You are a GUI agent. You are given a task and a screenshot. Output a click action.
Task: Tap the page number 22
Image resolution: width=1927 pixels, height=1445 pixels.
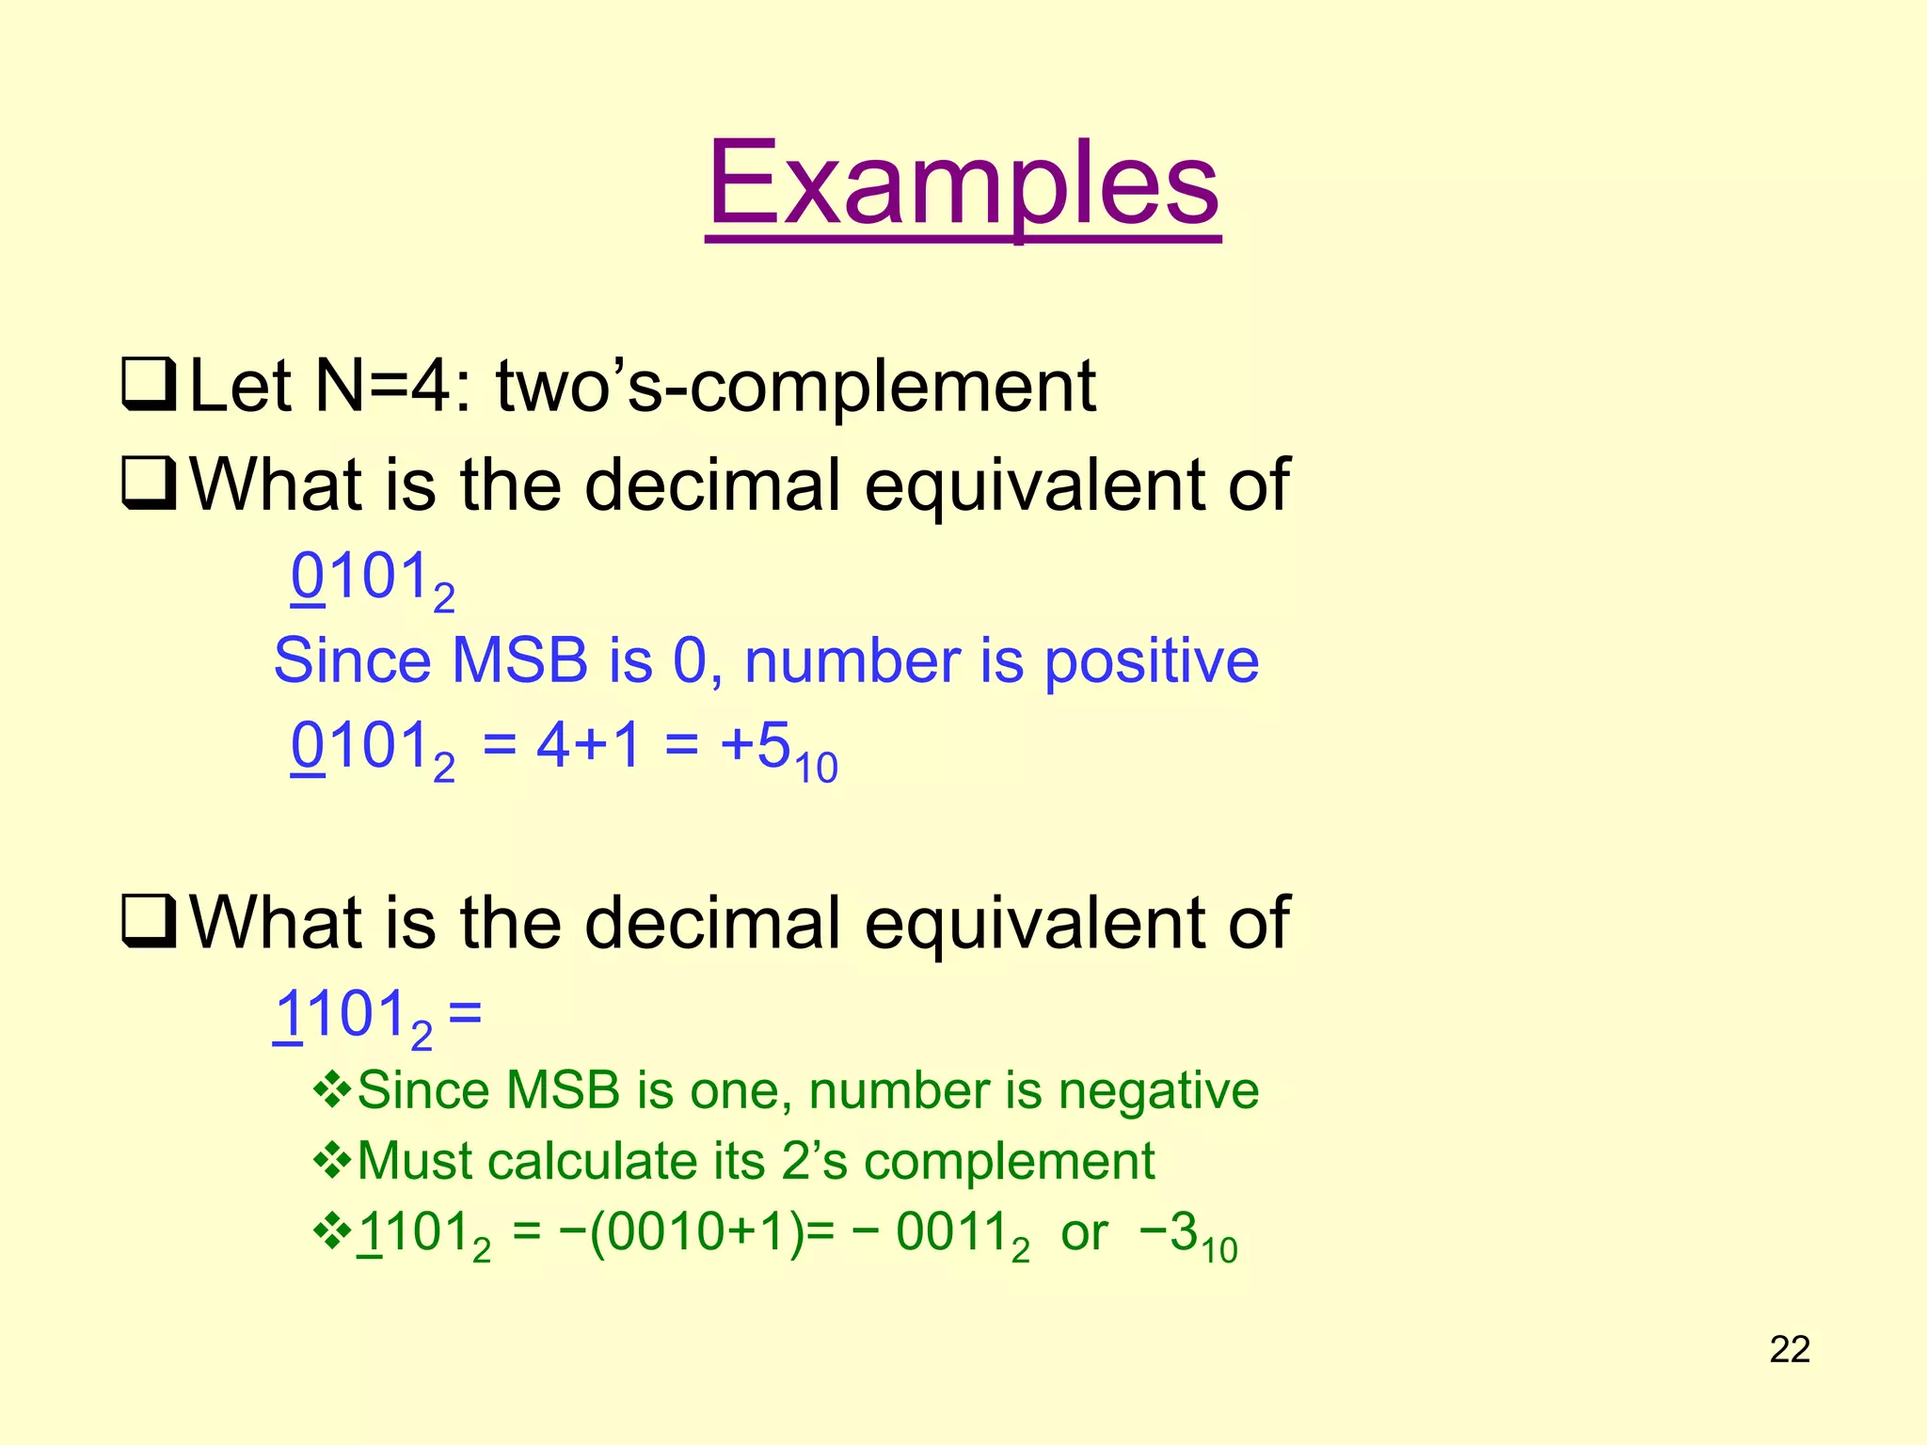point(1790,1349)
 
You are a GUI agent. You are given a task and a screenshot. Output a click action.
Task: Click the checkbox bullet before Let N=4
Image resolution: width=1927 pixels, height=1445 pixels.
point(149,387)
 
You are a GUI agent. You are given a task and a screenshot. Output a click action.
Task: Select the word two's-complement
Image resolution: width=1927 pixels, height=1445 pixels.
point(796,387)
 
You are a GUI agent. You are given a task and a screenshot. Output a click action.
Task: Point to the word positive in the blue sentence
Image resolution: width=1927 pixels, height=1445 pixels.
point(1152,660)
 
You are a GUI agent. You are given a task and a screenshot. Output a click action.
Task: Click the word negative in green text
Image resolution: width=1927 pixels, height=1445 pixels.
point(1158,1091)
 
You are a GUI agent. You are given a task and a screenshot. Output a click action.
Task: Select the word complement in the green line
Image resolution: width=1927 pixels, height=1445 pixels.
point(1009,1161)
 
